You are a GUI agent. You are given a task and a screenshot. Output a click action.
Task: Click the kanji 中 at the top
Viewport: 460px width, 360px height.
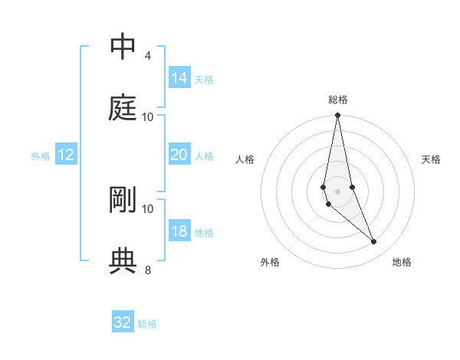[123, 47]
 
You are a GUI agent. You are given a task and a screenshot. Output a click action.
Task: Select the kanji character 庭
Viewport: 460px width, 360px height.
[123, 108]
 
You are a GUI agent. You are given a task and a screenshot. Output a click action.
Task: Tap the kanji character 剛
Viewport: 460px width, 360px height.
[123, 200]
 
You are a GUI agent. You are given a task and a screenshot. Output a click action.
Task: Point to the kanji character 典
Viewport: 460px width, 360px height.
[123, 261]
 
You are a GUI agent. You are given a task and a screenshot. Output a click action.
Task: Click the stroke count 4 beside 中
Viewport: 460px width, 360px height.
[147, 56]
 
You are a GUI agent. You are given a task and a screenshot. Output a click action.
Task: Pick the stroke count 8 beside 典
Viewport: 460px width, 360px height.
[147, 270]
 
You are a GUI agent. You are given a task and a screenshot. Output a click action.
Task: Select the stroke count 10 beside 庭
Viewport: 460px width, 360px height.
[148, 116]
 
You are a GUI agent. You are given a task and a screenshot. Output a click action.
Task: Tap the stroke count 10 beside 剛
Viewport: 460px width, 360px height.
[148, 208]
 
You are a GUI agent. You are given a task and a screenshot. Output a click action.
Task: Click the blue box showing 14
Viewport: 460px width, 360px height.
[179, 78]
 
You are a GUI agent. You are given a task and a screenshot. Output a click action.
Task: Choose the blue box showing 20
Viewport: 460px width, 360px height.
[179, 155]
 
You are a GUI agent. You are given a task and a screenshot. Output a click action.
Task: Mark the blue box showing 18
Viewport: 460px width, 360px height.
[179, 231]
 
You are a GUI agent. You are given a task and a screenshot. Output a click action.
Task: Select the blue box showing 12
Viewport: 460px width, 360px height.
[66, 155]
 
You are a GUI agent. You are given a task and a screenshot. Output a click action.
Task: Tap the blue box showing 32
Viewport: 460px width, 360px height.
[123, 322]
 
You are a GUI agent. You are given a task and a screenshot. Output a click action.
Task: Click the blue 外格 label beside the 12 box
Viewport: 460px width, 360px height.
[41, 156]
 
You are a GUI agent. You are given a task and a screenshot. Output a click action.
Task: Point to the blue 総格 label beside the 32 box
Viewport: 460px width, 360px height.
[148, 324]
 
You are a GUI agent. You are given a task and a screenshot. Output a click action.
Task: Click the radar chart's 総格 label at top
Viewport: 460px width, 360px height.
[338, 100]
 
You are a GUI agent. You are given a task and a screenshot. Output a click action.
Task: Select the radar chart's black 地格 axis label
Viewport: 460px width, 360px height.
[402, 262]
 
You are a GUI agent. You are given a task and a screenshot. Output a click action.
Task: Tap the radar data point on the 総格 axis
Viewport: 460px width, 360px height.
[338, 116]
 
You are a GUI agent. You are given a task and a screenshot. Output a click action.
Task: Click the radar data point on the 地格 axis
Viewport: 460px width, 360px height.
[374, 242]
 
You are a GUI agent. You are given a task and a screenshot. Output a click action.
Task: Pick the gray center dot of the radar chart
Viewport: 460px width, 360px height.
[338, 191]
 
